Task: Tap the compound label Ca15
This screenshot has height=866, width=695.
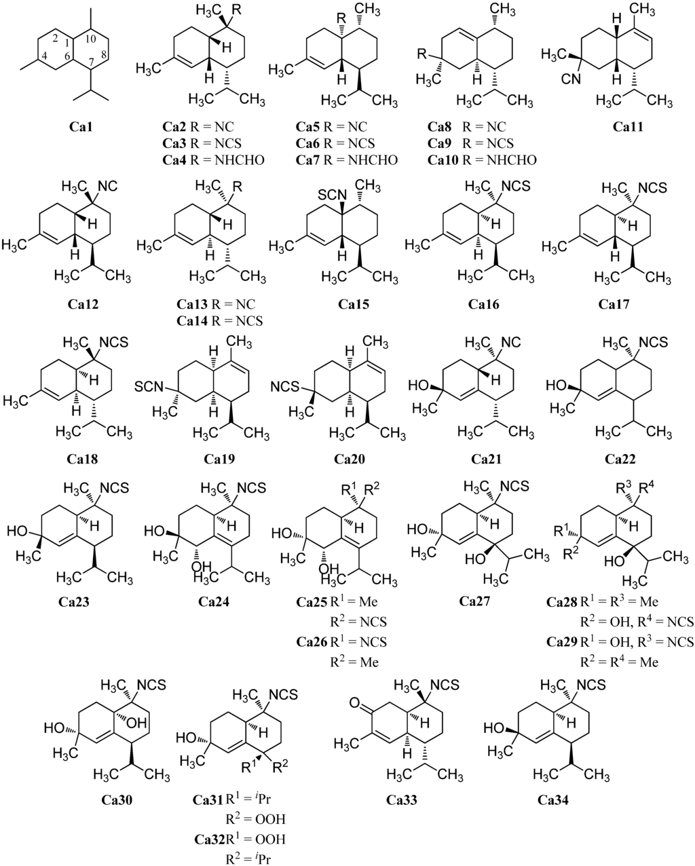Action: [x=352, y=304]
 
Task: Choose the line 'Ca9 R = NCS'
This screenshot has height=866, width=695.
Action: [x=470, y=143]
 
